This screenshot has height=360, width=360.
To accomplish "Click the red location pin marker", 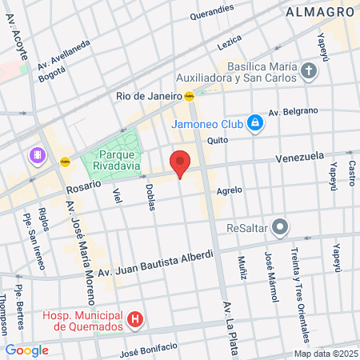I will [x=180, y=162].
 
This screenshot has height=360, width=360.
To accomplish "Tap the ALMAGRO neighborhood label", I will [x=320, y=13].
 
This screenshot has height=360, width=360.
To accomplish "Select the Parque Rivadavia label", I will [x=121, y=160].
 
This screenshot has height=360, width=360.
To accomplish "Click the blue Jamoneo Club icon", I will [x=254, y=122].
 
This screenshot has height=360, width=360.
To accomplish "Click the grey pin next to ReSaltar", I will [x=279, y=228].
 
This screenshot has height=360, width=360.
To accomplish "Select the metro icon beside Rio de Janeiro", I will [x=189, y=96].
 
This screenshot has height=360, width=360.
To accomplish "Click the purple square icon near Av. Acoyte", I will [x=36, y=154].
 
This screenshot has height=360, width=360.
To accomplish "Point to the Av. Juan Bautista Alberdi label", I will [x=156, y=265].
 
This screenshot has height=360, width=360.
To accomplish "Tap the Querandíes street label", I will [x=212, y=14].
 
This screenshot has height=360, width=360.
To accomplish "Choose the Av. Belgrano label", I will [x=293, y=111].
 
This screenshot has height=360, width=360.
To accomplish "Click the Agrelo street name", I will [x=229, y=190].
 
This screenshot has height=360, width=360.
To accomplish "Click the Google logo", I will [x=26, y=350].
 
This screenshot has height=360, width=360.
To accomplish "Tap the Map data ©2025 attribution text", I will [x=325, y=354].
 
